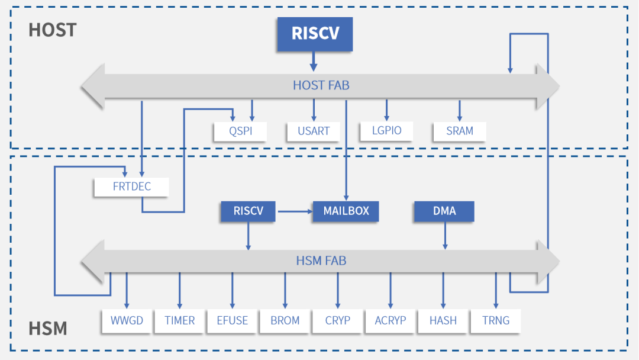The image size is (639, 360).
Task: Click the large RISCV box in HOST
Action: click(315, 33)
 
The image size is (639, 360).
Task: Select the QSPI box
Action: click(241, 131)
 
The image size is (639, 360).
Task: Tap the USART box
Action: click(314, 131)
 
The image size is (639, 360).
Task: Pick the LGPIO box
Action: click(386, 130)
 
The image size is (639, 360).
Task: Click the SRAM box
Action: click(460, 131)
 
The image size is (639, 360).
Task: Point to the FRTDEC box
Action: click(131, 187)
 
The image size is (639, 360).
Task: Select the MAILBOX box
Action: click(346, 211)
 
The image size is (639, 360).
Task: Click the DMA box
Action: click(444, 211)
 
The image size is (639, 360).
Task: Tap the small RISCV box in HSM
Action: click(248, 211)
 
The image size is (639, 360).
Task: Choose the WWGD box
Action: click(127, 320)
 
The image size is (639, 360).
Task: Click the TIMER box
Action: click(179, 320)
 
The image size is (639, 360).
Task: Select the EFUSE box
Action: click(232, 320)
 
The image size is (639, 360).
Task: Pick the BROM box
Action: click(285, 320)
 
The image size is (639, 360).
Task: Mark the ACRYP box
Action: click(390, 320)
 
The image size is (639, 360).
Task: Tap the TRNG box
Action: click(496, 320)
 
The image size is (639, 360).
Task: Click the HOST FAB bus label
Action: click(321, 86)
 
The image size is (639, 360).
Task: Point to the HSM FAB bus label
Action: click(321, 261)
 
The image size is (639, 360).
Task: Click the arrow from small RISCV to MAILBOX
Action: click(294, 211)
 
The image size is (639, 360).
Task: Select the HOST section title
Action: click(52, 30)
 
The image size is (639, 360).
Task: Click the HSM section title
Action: click(47, 327)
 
